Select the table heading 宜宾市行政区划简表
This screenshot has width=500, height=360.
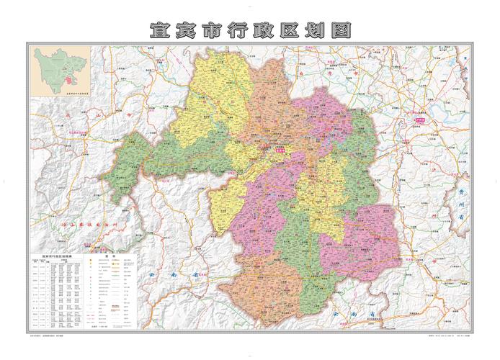coord(55,253)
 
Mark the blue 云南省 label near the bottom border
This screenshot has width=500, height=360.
coord(346,313)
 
